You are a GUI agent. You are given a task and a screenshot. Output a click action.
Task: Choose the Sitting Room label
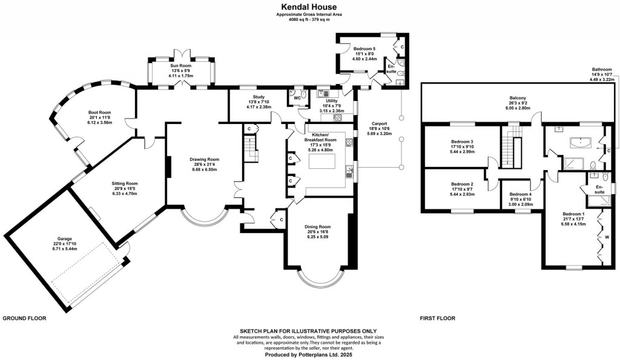[124, 183]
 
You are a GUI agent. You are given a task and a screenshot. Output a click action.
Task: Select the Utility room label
[331, 101]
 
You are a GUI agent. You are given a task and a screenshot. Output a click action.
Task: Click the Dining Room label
[317, 226]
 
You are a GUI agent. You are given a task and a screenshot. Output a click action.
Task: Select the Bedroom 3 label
[462, 142]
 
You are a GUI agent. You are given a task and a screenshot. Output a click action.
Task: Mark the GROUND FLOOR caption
[25, 318]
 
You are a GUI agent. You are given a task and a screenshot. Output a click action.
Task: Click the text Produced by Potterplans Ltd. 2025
[309, 355]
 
